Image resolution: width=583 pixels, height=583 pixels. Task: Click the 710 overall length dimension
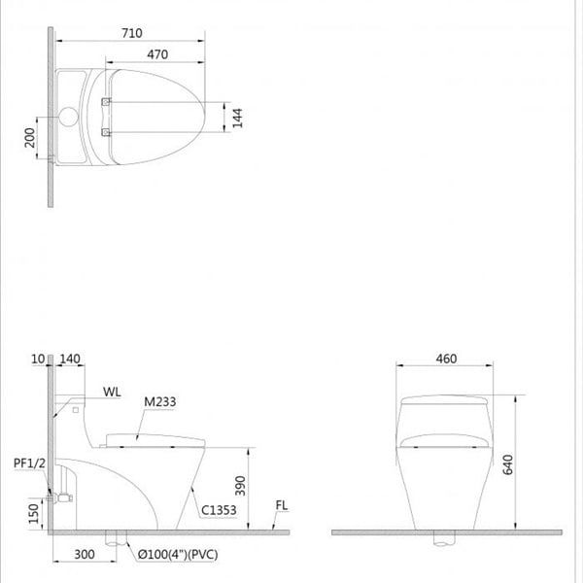[131, 33]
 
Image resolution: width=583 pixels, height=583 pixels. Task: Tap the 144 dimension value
[236, 117]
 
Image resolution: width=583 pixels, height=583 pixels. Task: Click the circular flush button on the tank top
[69, 118]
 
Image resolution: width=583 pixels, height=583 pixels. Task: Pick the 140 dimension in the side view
[68, 360]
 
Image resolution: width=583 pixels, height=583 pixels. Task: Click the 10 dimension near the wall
[40, 360]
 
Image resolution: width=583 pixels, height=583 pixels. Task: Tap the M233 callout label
[161, 400]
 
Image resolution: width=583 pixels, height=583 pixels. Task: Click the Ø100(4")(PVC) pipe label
[177, 556]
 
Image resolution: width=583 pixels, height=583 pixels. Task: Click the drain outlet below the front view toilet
[446, 537]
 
